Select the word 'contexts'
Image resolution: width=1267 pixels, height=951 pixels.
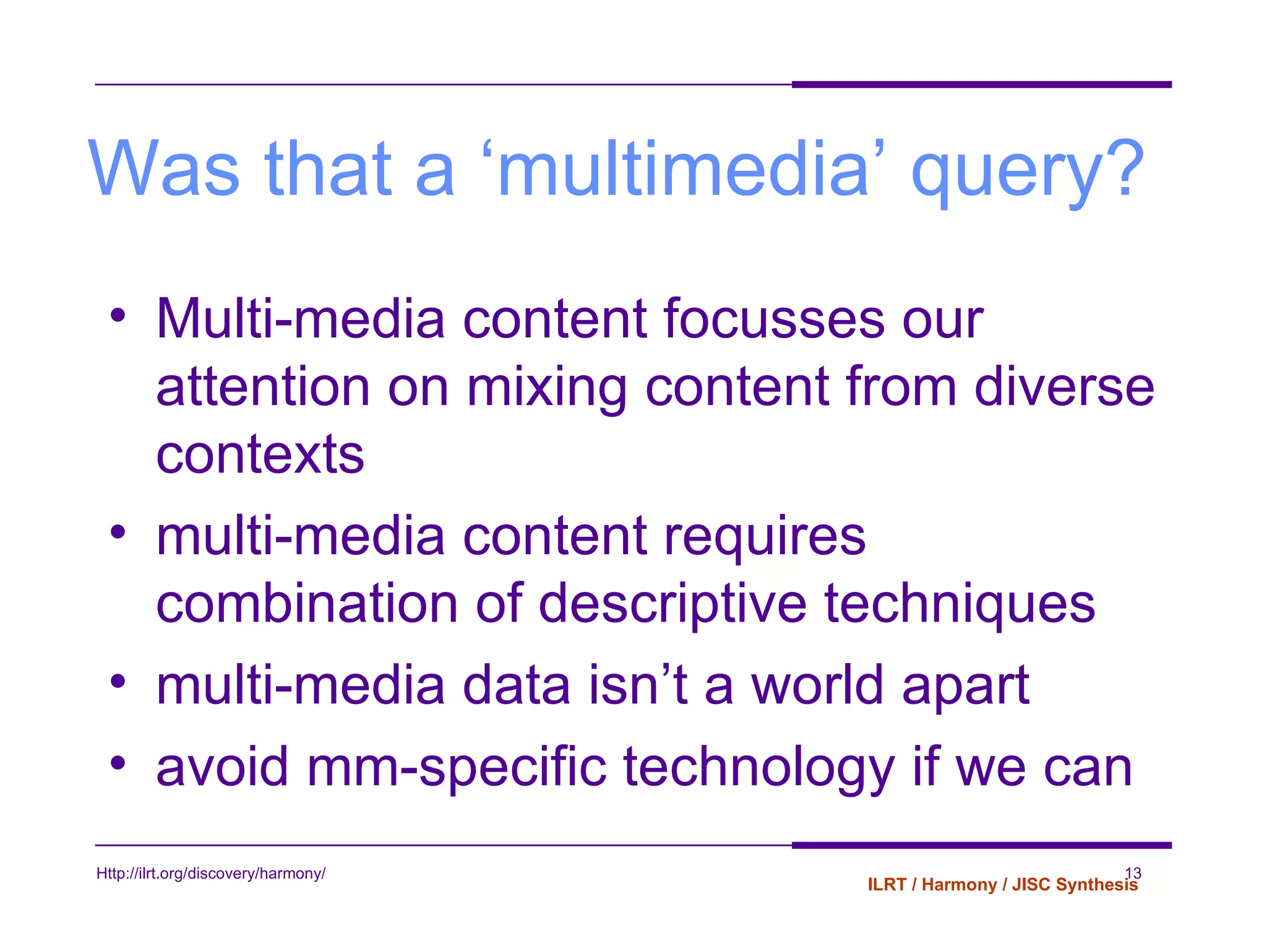(x=260, y=455)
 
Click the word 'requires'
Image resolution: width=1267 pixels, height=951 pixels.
(x=764, y=537)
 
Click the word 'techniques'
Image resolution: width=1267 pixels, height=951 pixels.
(x=960, y=606)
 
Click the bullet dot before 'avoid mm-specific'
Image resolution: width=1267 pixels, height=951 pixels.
(x=118, y=763)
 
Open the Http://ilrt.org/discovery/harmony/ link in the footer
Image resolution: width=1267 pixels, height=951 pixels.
(x=210, y=874)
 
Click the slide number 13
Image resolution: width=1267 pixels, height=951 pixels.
(x=1133, y=872)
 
